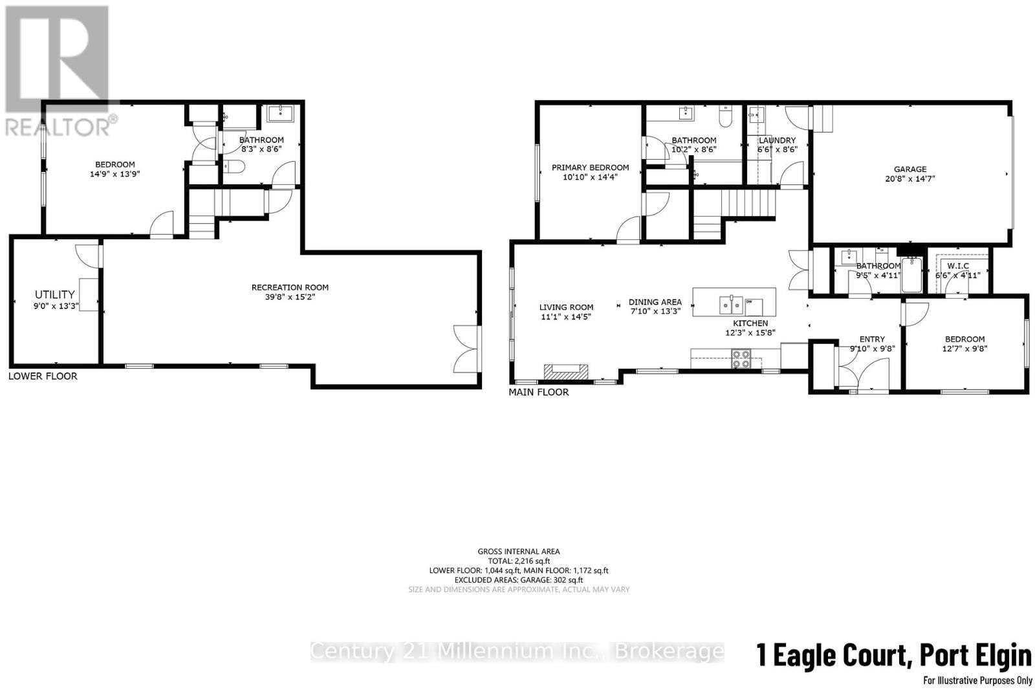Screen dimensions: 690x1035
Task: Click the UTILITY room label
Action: (55, 294)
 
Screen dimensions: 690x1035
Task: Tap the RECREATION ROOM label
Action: (290, 287)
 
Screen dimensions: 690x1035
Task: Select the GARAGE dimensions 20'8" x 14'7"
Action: (910, 179)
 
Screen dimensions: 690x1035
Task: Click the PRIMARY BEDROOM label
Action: (590, 167)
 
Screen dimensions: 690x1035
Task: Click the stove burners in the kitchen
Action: (741, 359)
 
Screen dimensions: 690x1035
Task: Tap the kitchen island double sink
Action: (732, 302)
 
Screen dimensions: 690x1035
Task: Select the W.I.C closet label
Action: (958, 266)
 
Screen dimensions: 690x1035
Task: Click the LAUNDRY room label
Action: (777, 140)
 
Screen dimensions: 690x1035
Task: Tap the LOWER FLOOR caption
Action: (43, 376)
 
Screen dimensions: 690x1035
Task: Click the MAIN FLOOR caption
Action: (539, 392)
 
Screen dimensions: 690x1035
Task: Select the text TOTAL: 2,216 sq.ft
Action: (519, 561)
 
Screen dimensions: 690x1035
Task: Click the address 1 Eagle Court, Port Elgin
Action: (894, 656)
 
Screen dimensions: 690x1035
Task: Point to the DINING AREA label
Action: (655, 302)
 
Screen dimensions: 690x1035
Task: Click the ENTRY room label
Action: (871, 339)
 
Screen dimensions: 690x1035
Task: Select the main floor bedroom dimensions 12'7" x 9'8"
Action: (964, 348)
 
